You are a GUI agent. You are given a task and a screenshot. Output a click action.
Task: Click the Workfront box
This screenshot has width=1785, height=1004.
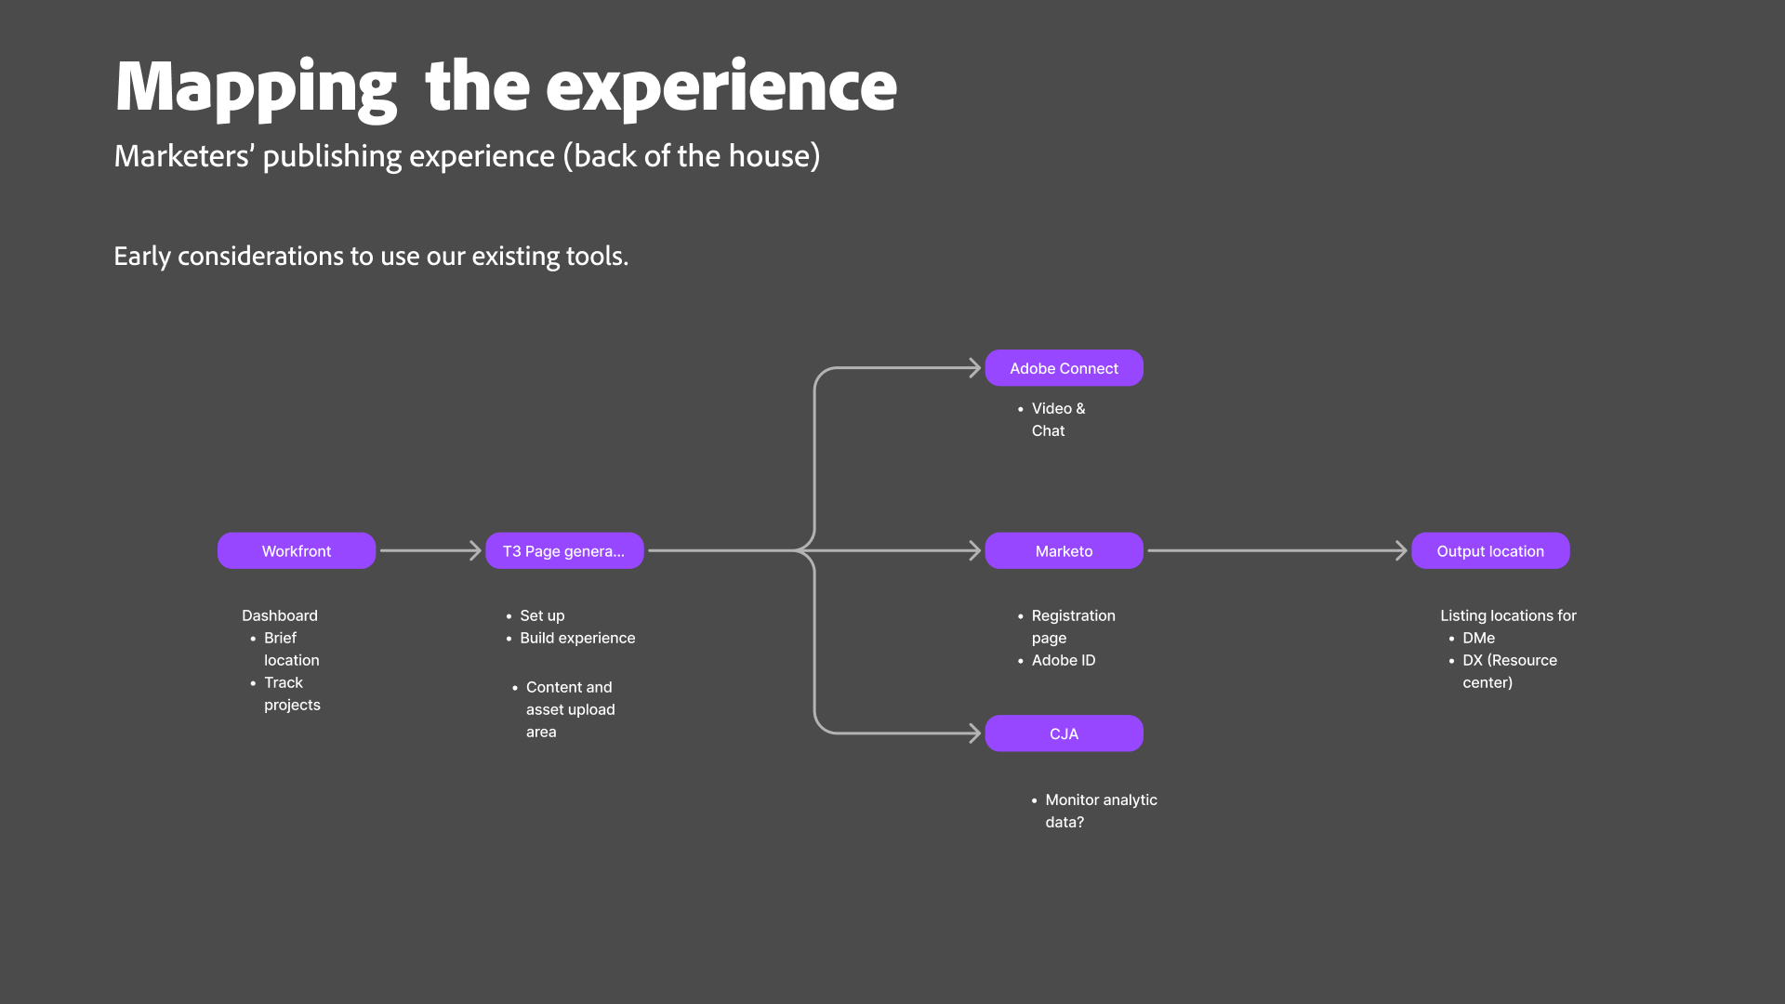click(x=297, y=550)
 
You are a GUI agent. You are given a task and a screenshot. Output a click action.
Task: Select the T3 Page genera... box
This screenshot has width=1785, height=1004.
click(x=564, y=550)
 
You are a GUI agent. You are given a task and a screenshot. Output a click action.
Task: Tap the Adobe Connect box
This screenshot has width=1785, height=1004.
click(x=1064, y=368)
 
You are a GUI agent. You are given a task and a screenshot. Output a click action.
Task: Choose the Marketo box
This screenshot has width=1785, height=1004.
click(x=1064, y=550)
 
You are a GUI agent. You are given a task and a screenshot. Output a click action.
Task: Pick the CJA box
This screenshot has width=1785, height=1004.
click(x=1064, y=733)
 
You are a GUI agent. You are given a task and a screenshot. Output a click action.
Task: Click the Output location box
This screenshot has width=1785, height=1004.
click(x=1490, y=550)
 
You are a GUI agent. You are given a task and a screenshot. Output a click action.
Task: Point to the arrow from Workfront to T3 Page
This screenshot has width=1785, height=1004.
click(x=430, y=550)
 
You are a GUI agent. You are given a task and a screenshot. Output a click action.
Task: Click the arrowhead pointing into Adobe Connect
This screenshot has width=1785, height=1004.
click(x=975, y=368)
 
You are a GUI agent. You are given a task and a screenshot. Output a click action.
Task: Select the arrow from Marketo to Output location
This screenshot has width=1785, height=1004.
click(x=1277, y=550)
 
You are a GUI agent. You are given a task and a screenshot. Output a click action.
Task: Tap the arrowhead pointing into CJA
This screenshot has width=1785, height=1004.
click(x=975, y=733)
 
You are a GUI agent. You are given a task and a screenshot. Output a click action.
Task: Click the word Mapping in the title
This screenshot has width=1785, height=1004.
click(x=257, y=87)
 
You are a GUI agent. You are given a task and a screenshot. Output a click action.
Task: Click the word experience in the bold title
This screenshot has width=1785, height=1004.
click(x=721, y=87)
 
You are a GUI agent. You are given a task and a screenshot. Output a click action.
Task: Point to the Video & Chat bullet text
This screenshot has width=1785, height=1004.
click(x=1058, y=419)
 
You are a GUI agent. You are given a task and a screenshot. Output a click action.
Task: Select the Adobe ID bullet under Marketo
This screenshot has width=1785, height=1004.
click(x=1064, y=660)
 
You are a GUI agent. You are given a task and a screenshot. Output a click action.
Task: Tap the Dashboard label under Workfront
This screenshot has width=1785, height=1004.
click(x=280, y=615)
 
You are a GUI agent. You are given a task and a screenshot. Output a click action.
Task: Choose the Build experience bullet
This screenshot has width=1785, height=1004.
click(x=577, y=638)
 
